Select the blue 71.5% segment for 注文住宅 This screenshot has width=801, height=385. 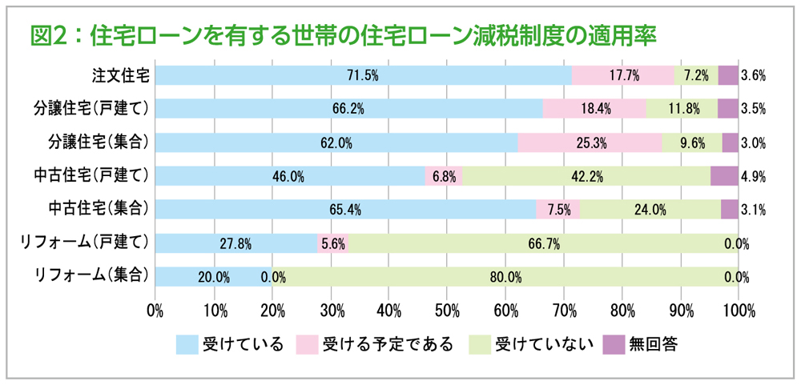[x=362, y=75]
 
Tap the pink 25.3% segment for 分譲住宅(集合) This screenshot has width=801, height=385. [x=590, y=142]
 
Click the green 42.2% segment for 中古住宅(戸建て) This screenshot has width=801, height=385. [x=586, y=176]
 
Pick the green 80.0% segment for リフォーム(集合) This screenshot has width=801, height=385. [x=505, y=277]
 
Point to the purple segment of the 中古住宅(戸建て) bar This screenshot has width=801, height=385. [x=724, y=176]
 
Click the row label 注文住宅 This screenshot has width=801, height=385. [x=120, y=75]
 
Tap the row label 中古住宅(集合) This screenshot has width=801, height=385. [x=98, y=210]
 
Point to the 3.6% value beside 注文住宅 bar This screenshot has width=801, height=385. [x=754, y=76]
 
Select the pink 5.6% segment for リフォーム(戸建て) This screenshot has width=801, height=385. [x=332, y=243]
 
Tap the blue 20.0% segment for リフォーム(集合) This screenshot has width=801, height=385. [x=213, y=277]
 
